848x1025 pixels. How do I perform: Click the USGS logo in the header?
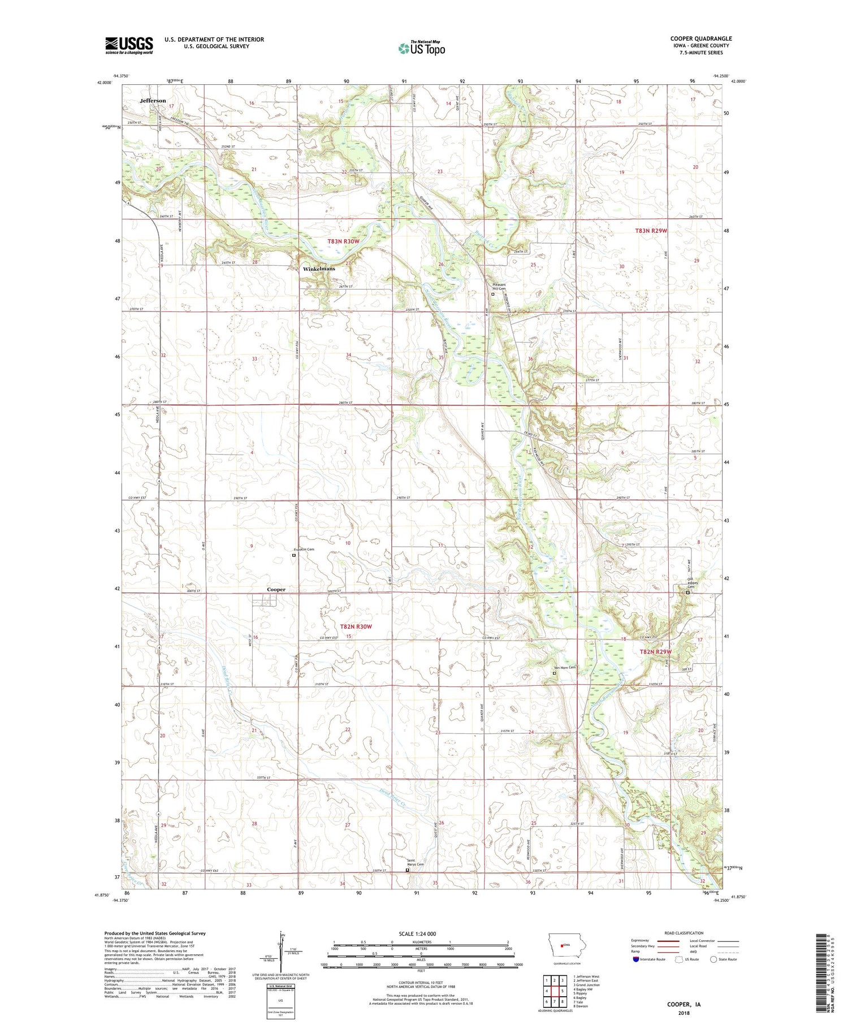129,45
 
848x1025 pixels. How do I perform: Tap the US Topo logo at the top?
421,49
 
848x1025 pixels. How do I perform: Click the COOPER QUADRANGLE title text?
700,38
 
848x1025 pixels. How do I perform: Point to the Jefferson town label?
153,101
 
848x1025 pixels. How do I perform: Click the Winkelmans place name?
319,269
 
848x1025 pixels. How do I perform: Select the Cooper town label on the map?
276,589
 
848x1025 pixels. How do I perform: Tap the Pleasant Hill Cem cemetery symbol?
492,294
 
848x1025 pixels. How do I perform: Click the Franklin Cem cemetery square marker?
293,555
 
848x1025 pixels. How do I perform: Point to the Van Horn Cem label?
564,668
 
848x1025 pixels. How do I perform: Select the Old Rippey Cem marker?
687,592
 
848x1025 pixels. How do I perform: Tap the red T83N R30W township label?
343,241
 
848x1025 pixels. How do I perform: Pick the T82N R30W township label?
356,626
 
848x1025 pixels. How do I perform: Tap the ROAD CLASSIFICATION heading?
684,933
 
